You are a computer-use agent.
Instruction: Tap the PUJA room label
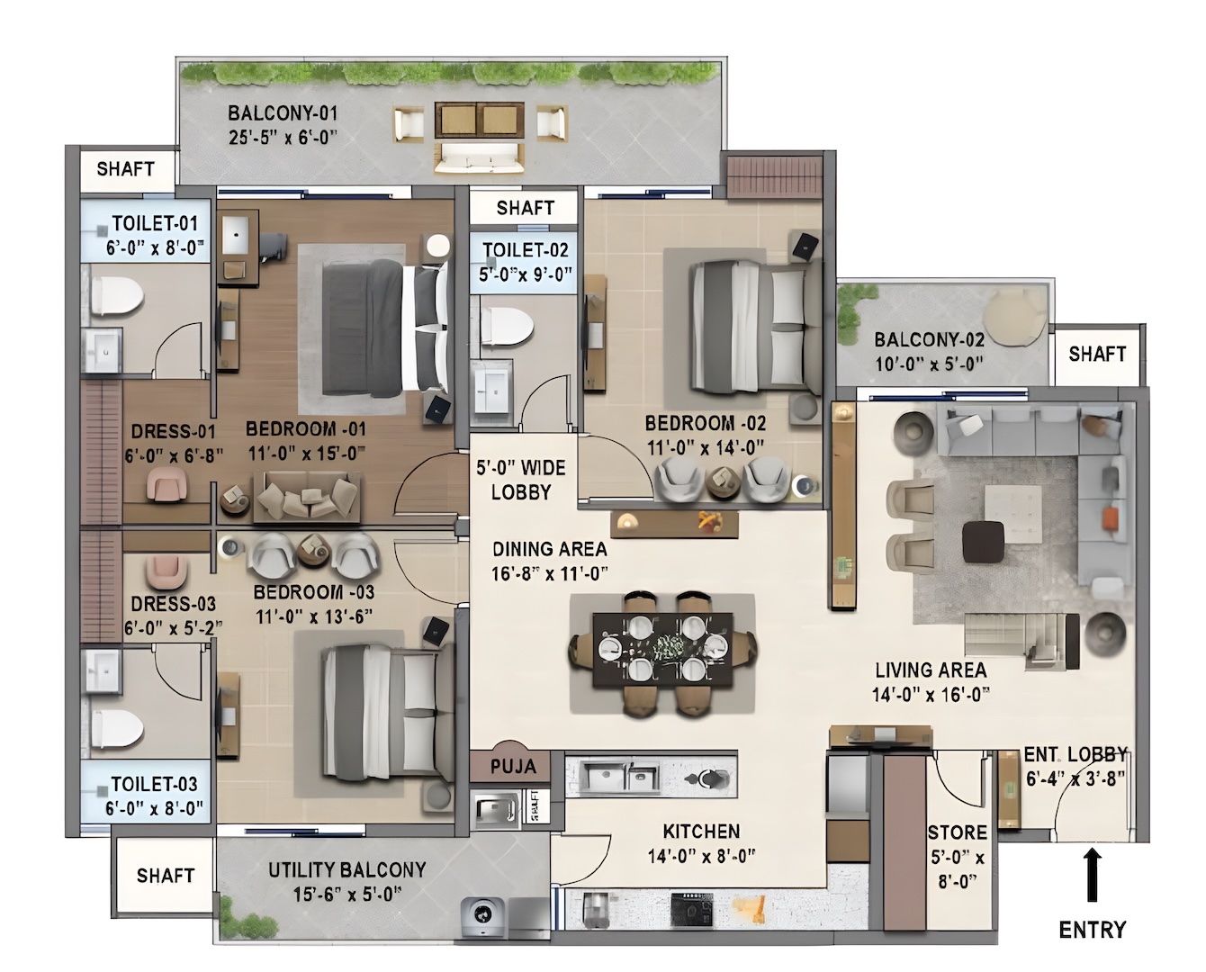click(x=513, y=766)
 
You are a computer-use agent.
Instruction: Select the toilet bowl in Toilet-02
click(x=506, y=326)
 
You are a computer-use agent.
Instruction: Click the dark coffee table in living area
click(x=983, y=541)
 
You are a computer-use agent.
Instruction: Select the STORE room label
click(x=958, y=832)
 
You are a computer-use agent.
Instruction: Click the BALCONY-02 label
click(x=929, y=339)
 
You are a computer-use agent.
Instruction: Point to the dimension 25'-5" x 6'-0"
click(x=283, y=138)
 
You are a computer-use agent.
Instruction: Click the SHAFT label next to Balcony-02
click(x=1097, y=354)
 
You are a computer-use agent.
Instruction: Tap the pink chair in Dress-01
click(x=166, y=483)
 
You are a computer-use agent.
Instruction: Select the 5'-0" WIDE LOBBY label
click(x=521, y=480)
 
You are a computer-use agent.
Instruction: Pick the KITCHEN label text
click(x=701, y=832)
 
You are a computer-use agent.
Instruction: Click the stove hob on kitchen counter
click(x=691, y=909)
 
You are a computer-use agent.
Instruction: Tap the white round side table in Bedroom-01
click(x=437, y=246)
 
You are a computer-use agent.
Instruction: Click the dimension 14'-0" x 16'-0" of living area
click(x=931, y=695)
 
